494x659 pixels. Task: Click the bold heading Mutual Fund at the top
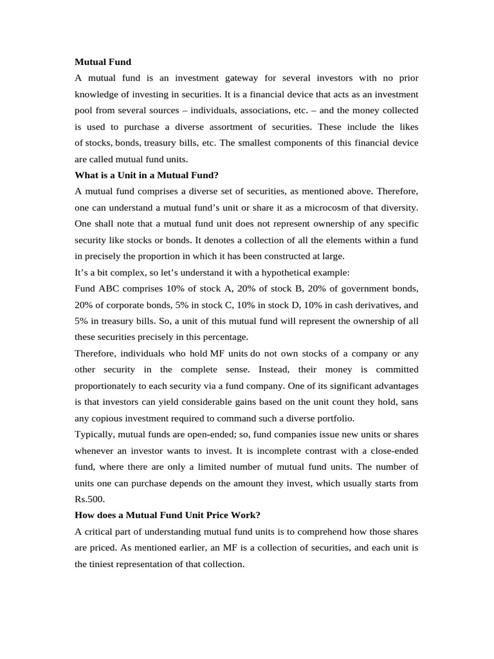point(103,62)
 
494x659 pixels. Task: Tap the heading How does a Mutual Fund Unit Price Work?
point(168,515)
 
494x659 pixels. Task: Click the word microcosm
point(343,207)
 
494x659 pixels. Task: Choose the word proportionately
point(113,385)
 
